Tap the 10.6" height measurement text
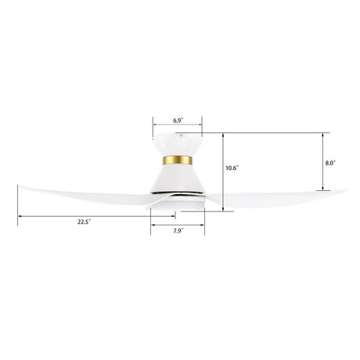[232, 167]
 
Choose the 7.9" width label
[178, 231]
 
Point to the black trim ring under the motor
[178, 191]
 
